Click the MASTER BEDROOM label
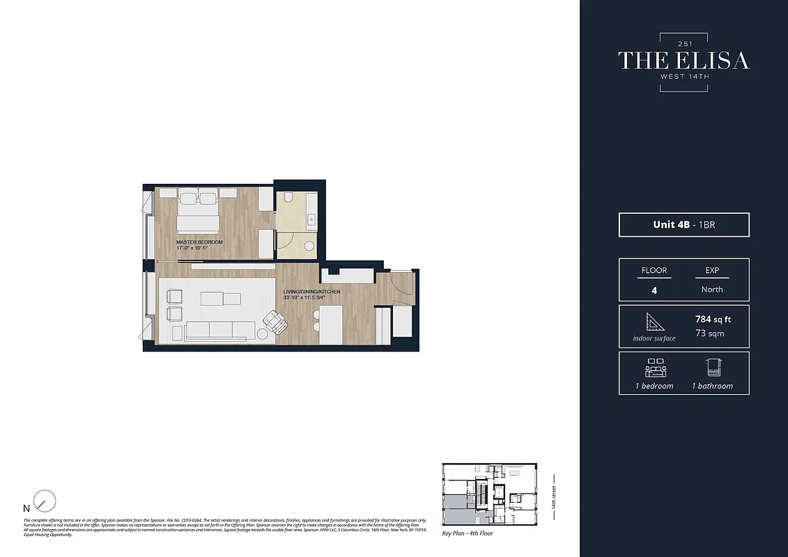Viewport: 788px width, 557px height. click(199, 242)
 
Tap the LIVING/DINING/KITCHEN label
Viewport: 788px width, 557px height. click(311, 292)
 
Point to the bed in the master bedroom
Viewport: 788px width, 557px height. click(199, 212)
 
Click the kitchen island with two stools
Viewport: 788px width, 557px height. click(330, 324)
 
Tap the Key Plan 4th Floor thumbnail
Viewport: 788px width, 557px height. click(490, 494)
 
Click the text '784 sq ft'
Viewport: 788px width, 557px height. click(713, 320)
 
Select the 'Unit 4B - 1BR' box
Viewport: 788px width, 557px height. click(683, 225)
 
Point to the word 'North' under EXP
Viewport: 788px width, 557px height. click(712, 289)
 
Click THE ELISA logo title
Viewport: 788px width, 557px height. click(683, 61)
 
